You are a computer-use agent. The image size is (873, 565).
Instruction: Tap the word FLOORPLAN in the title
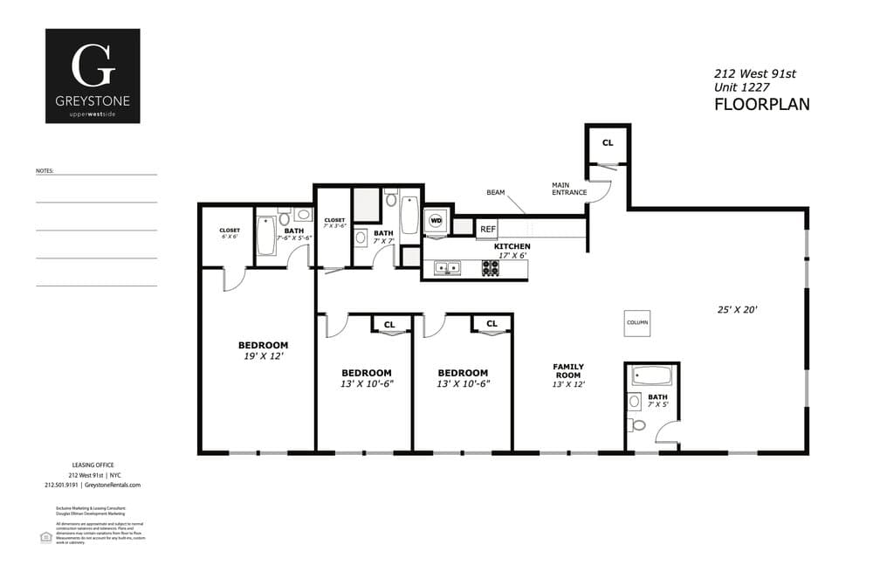click(761, 105)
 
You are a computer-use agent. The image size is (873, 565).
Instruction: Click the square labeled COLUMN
click(637, 322)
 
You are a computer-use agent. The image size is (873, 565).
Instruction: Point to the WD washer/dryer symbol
click(436, 221)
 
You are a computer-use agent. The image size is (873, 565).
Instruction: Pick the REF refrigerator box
click(487, 229)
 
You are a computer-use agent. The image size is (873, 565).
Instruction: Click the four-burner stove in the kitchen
click(491, 268)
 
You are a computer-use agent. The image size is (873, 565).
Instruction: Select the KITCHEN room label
click(512, 246)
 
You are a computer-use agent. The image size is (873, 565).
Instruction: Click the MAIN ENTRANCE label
click(568, 189)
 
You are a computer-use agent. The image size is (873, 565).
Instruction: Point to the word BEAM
click(496, 192)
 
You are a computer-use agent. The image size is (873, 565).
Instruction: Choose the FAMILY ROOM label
click(568, 371)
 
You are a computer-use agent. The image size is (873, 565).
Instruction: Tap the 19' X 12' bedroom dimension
click(263, 356)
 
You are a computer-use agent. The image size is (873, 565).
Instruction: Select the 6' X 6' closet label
click(229, 237)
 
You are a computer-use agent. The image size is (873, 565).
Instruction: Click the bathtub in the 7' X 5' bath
click(652, 377)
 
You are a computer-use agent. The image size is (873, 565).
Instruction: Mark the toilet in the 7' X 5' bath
click(638, 425)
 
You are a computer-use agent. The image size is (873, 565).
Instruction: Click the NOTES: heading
click(45, 171)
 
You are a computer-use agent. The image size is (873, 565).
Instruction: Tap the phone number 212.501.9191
click(61, 485)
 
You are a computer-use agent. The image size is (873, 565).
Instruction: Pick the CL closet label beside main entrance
click(608, 143)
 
